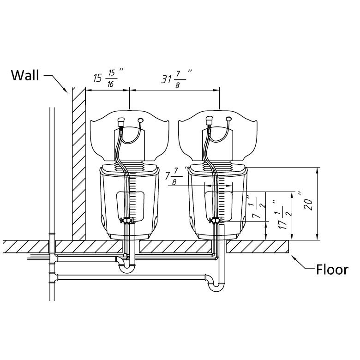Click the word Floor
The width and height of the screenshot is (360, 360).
pos(332,270)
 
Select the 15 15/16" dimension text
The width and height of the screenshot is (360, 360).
pos(108,78)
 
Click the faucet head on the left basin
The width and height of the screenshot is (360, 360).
pos(121,122)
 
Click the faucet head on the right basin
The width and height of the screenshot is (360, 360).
pos(208,121)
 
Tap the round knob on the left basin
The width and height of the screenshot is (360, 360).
pos(140,121)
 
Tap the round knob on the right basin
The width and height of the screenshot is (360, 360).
pos(228,120)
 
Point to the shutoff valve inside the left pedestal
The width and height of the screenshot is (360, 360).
pos(126,220)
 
